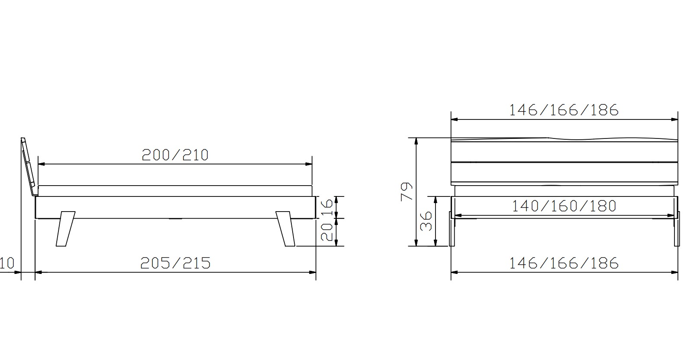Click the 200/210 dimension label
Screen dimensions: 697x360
tap(175, 155)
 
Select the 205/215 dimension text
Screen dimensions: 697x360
tap(175, 263)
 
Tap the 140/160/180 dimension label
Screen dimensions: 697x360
tap(564, 206)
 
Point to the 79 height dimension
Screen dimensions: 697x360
tap(407, 192)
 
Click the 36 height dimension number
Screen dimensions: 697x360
tap(426, 221)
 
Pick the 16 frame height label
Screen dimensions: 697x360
tap(327, 207)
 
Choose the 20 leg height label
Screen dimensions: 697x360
tap(327, 232)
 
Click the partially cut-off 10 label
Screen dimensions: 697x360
tap(7, 263)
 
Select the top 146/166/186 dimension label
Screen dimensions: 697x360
tap(564, 110)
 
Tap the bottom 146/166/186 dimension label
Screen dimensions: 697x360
tap(564, 263)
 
